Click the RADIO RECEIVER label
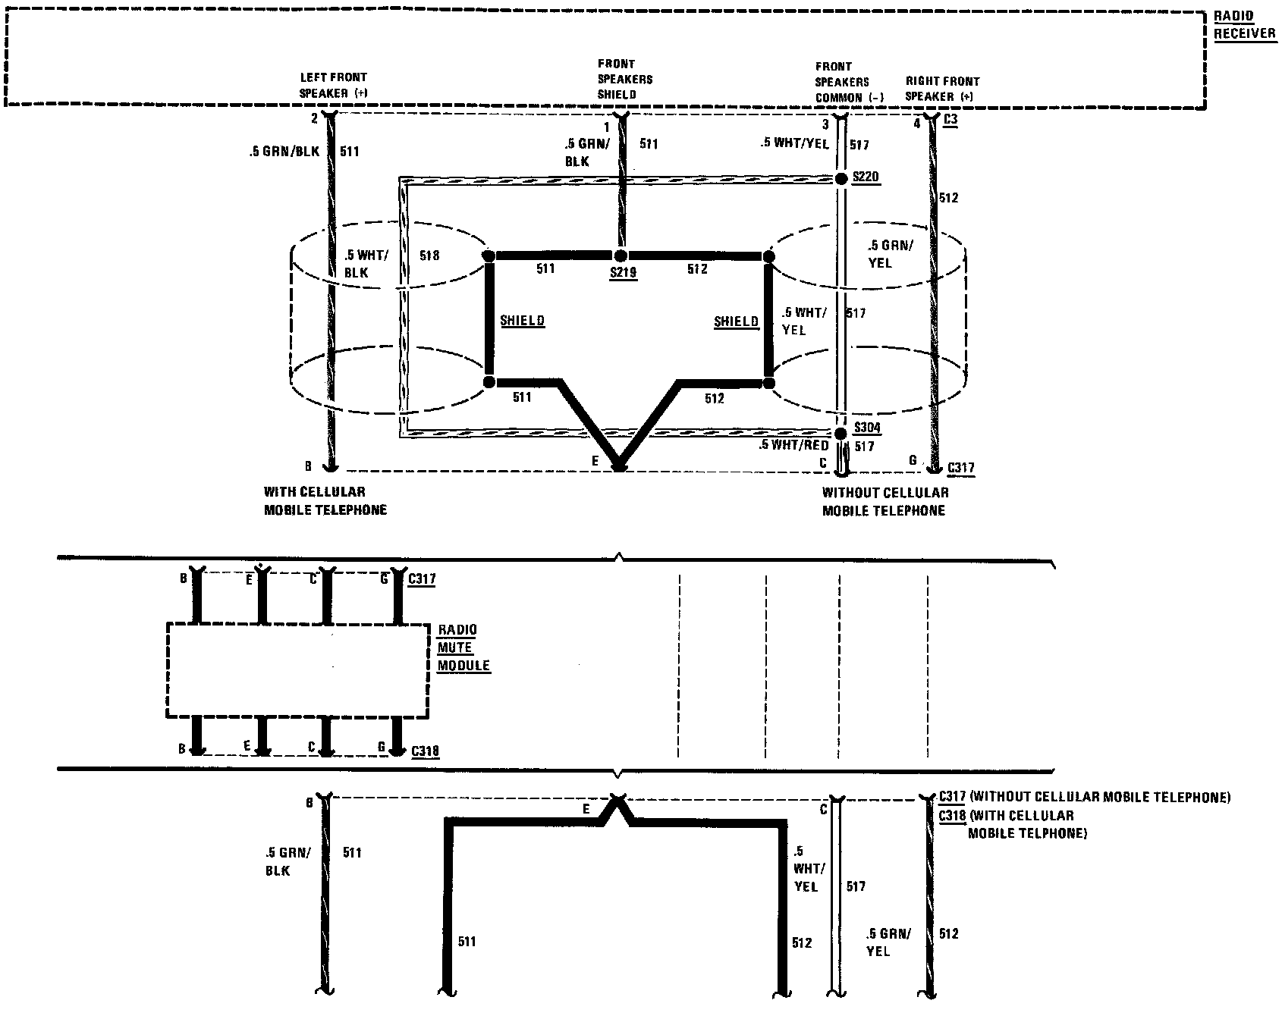click(x=1245, y=25)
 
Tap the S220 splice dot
click(x=841, y=179)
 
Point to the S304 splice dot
click(x=841, y=434)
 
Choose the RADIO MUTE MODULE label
click(x=463, y=647)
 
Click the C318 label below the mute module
click(x=425, y=751)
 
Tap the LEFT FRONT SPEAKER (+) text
click(x=333, y=86)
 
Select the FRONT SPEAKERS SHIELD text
click(x=625, y=79)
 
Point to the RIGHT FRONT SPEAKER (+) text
click(x=942, y=89)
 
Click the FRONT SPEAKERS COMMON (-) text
click(x=848, y=82)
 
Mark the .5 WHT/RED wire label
click(x=793, y=446)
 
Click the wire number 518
click(x=429, y=256)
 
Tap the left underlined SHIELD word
click(x=523, y=321)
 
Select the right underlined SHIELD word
click(x=736, y=321)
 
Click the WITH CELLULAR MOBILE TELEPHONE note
click(x=325, y=501)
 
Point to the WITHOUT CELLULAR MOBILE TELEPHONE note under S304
click(x=885, y=501)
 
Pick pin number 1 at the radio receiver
click(x=606, y=127)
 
